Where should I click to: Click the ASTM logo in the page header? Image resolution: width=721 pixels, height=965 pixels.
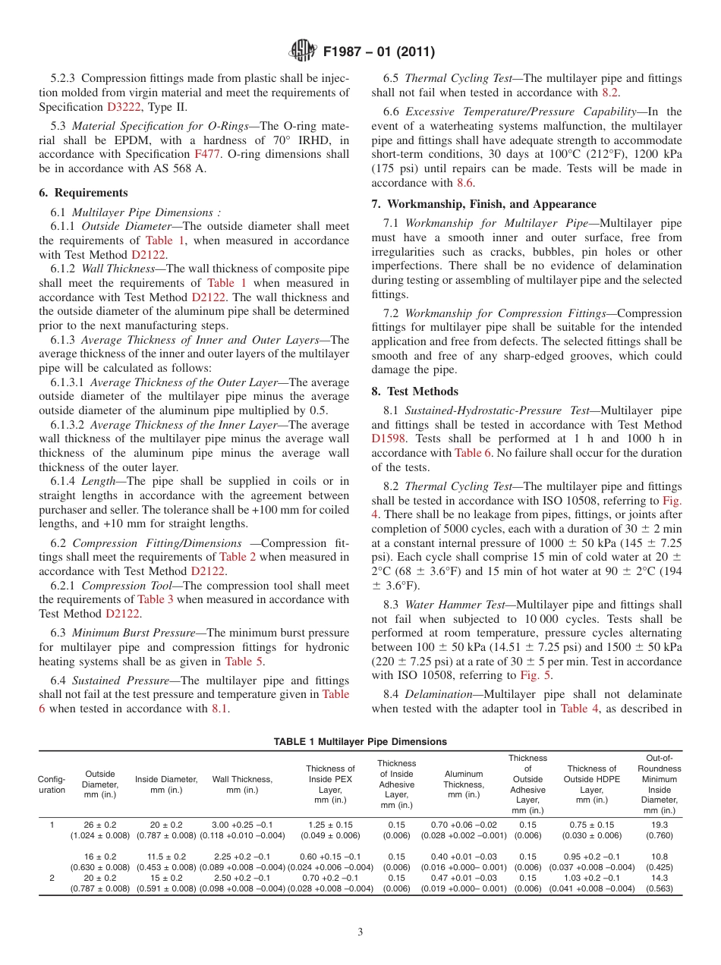coord(304,52)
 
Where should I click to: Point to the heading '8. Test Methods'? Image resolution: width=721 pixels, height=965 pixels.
coord(414,391)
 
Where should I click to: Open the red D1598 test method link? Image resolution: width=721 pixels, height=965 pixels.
coord(389,438)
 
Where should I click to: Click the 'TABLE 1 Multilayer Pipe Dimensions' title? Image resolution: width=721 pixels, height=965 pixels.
coord(360,741)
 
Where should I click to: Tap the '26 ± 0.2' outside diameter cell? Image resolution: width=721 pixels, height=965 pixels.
coord(100,825)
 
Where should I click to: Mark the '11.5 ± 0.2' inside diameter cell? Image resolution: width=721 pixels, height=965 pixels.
coord(166,857)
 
